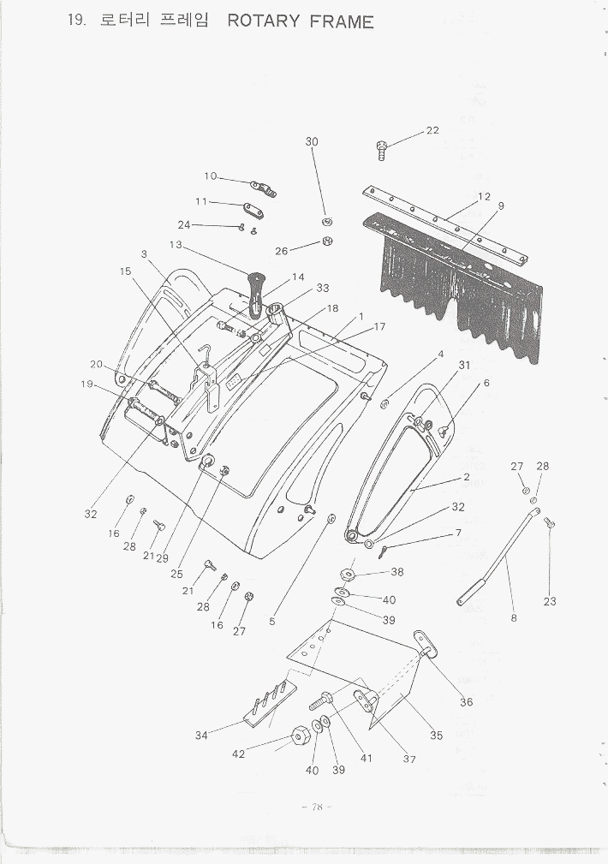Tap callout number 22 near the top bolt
pyautogui.click(x=432, y=130)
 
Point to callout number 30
pyautogui.click(x=312, y=141)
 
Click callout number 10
pyautogui.click(x=211, y=176)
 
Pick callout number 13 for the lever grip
pyautogui.click(x=176, y=245)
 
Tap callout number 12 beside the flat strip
pyautogui.click(x=484, y=197)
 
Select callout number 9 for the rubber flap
pyautogui.click(x=501, y=206)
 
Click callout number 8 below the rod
pyautogui.click(x=514, y=618)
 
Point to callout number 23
pyautogui.click(x=550, y=601)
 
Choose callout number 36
pyautogui.click(x=467, y=702)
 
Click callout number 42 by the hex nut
pyautogui.click(x=238, y=754)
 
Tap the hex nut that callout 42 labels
pyautogui.click(x=301, y=735)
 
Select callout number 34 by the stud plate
pyautogui.click(x=202, y=735)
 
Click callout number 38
pyautogui.click(x=397, y=572)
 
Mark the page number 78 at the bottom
pyautogui.click(x=316, y=807)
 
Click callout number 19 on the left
pyautogui.click(x=86, y=384)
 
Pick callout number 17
pyautogui.click(x=379, y=327)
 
